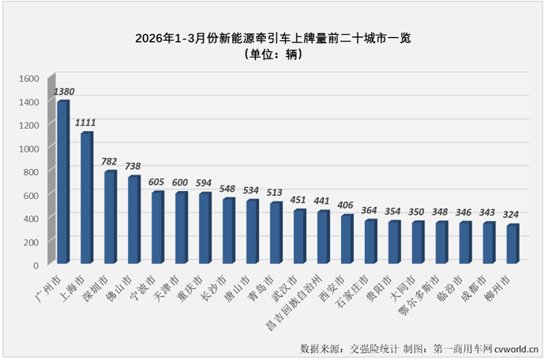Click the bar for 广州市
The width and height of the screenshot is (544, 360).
tap(62, 183)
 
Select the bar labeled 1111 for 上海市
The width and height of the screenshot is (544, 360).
tap(86, 199)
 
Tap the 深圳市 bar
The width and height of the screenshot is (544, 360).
tap(110, 218)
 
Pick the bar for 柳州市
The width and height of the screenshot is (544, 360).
tap(512, 245)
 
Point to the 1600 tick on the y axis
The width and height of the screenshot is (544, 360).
tap(28, 79)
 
